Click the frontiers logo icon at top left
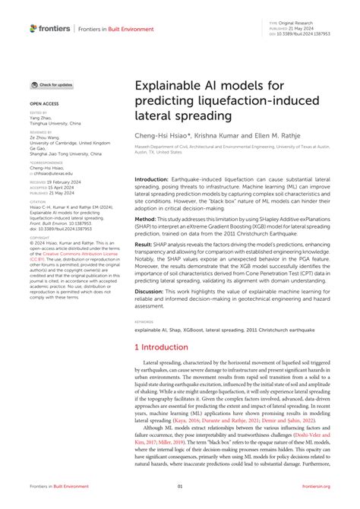33,28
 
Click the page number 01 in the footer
180,487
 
